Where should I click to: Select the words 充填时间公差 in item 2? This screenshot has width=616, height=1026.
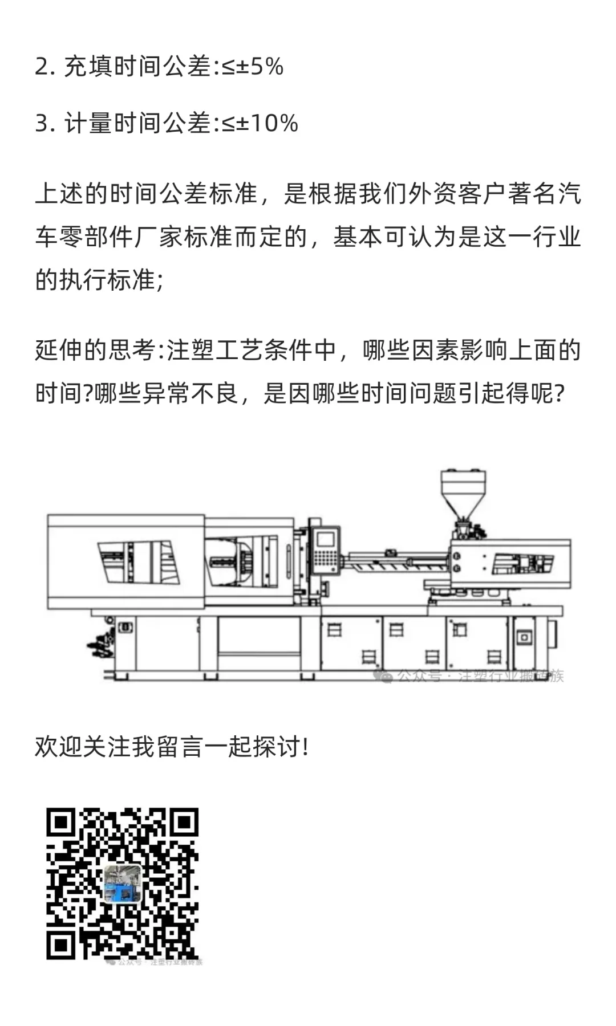[x=137, y=67]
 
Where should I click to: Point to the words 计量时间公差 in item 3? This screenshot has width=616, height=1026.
[x=137, y=123]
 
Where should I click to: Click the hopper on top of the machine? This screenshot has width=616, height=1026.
[x=463, y=490]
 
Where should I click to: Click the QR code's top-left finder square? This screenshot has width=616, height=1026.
[x=60, y=823]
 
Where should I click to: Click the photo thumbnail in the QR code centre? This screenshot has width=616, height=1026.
[x=123, y=884]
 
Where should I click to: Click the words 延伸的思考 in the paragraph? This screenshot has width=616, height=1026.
[x=94, y=350]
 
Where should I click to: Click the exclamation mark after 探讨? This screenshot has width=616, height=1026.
[x=306, y=747]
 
